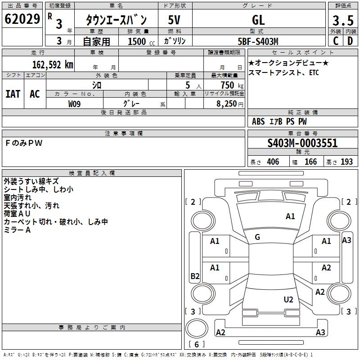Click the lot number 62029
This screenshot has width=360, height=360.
(22, 19)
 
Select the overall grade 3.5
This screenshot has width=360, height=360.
(343, 20)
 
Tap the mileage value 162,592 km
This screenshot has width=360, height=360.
(53, 65)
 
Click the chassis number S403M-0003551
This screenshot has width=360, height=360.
(302, 143)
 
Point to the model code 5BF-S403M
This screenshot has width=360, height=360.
(258, 41)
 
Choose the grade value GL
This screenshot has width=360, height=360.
(258, 20)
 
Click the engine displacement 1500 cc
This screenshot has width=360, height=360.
(141, 41)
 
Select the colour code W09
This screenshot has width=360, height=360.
(74, 104)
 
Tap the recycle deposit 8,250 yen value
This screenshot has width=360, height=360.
(229, 104)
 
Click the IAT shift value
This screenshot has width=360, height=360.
(13, 94)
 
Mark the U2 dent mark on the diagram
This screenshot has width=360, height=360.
(288, 299)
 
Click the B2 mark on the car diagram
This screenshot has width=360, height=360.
(195, 276)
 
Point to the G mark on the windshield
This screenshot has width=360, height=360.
(257, 237)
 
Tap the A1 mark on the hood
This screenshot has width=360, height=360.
(290, 216)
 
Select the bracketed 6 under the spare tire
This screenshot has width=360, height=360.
(197, 344)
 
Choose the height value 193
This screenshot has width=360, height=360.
(346, 162)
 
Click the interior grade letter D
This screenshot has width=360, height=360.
(350, 41)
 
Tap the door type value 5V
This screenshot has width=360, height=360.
(174, 20)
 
